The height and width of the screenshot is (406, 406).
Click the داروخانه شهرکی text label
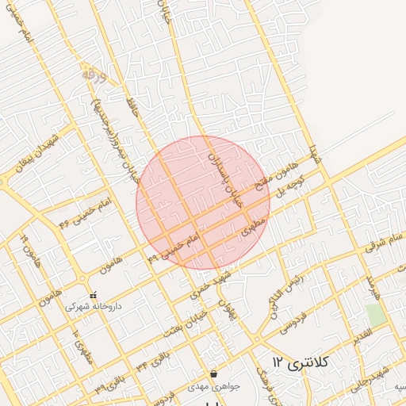(94, 305)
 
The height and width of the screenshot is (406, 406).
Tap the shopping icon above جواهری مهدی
(213, 373)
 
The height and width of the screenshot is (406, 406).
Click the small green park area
(376, 313)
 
